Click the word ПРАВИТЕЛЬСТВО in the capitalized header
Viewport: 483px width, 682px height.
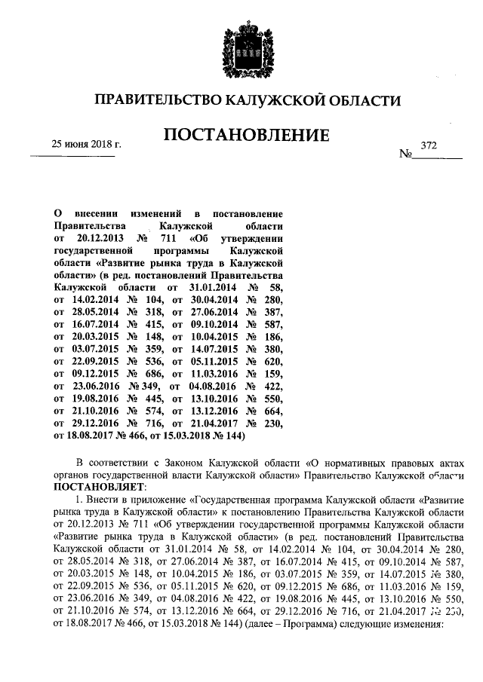tap(155, 101)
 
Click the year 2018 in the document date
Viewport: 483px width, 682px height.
tap(103, 143)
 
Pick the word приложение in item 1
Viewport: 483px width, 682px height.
tap(156, 500)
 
